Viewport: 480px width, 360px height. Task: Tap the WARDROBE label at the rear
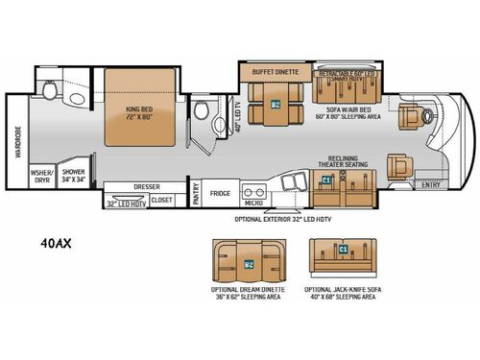pyautogui.click(x=16, y=143)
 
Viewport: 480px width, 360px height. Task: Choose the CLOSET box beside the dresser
pyautogui.click(x=162, y=201)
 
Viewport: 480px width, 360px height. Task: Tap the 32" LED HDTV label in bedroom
pyautogui.click(x=126, y=204)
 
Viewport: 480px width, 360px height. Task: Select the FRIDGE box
pyautogui.click(x=221, y=191)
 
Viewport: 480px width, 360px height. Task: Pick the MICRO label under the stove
pyautogui.click(x=252, y=203)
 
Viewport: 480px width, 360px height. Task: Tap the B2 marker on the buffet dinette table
pyautogui.click(x=276, y=105)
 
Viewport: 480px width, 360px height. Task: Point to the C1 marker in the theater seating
pyautogui.click(x=326, y=180)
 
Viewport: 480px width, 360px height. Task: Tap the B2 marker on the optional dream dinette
pyautogui.click(x=249, y=263)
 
